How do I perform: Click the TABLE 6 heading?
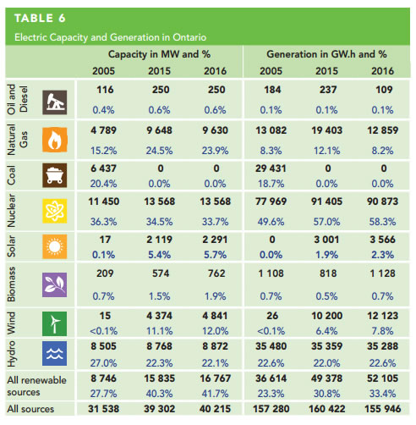coord(40,19)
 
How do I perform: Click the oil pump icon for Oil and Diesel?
coord(55,102)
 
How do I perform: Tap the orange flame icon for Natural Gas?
coord(55,140)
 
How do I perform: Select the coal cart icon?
coord(55,175)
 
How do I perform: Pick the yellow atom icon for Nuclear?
coord(55,211)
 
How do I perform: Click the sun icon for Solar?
coord(55,246)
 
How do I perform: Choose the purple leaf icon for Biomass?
coord(55,284)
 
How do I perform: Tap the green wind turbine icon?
coord(55,323)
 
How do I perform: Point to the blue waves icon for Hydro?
coord(55,353)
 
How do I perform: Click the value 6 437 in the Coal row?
coord(103,168)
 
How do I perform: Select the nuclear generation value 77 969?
coord(271,201)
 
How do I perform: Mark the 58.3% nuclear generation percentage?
coord(382,222)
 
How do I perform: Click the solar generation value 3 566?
coord(382,240)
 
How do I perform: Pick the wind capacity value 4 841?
coord(215,316)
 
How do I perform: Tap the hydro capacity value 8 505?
coord(103,346)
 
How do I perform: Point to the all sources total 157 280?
coord(271,409)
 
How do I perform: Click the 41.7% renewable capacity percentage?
coord(215,394)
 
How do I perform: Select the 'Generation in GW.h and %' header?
coord(326,54)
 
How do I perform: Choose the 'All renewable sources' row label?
coord(36,386)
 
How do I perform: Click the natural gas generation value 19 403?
coord(326,130)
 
